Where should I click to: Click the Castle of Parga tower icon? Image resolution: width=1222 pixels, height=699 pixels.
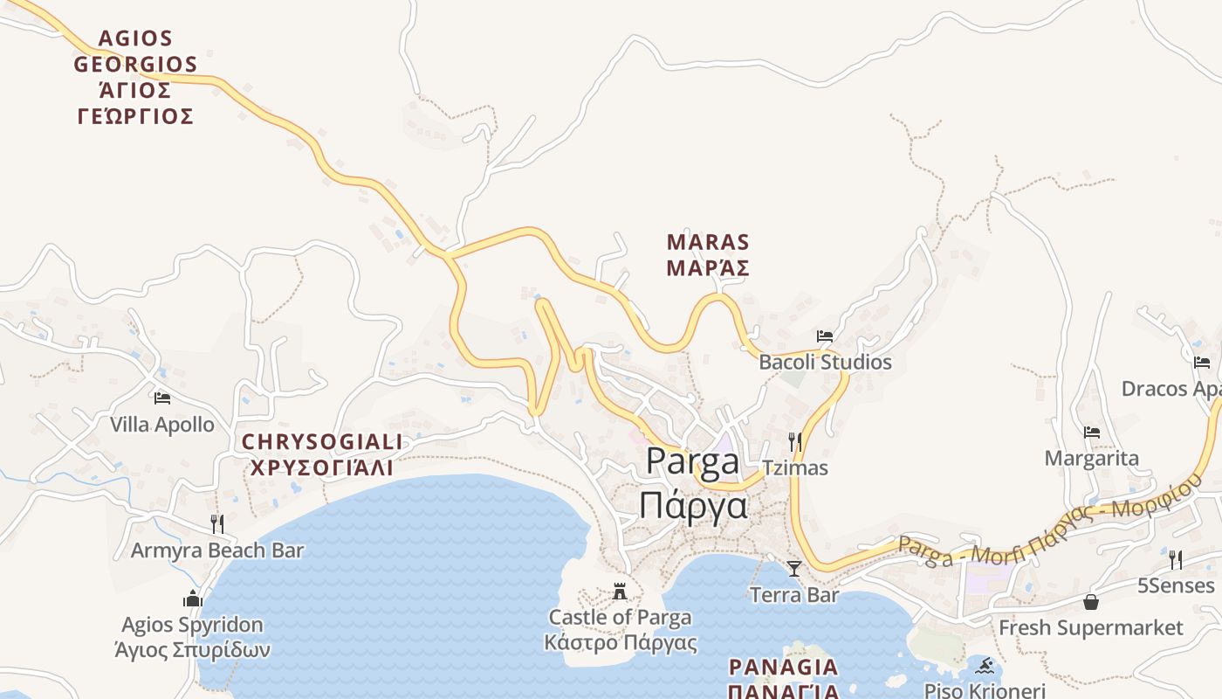[x=620, y=591]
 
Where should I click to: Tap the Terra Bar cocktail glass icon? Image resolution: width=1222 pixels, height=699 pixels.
[x=793, y=569]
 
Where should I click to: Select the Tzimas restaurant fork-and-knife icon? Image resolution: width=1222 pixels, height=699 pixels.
[x=794, y=441]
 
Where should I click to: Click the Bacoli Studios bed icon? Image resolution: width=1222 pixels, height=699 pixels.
[x=825, y=336]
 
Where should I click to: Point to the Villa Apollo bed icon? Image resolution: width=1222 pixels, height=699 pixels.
[x=161, y=398]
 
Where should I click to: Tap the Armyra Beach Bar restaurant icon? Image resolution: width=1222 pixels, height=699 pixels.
[x=216, y=524]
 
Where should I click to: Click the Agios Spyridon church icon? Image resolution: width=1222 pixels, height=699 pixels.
[x=193, y=599]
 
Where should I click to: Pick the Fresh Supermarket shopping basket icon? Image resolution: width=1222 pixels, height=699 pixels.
[x=1090, y=601]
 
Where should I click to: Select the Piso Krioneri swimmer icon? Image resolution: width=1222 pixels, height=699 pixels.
[x=985, y=666]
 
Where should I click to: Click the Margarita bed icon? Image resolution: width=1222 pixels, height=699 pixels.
[x=1091, y=432]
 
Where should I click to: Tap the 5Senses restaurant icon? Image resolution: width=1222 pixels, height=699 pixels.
[x=1176, y=559]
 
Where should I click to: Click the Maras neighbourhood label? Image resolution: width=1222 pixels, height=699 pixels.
[x=708, y=254]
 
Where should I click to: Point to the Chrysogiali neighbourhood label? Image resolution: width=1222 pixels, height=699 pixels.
[x=321, y=454]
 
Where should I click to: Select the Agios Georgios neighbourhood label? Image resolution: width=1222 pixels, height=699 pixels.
[x=135, y=77]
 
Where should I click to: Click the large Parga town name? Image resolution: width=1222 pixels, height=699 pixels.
[x=694, y=483]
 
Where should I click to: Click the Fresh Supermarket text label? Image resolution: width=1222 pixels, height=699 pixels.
[x=1090, y=627]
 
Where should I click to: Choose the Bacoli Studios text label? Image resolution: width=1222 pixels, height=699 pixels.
[x=825, y=362]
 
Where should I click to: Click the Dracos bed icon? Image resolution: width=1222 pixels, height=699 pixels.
[x=1202, y=363]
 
